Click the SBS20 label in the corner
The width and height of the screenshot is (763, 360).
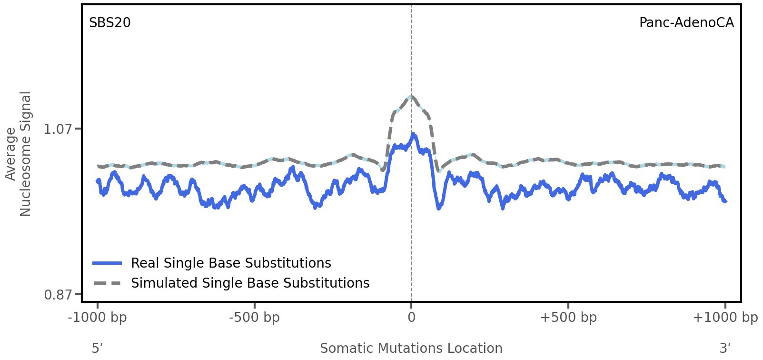tap(109, 23)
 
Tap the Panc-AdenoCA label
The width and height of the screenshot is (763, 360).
tap(686, 23)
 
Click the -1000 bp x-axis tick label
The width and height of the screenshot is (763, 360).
tap(98, 318)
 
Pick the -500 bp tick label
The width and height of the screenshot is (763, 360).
tap(254, 318)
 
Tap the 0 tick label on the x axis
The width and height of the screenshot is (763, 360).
tap(411, 318)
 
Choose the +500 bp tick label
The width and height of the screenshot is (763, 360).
tap(568, 318)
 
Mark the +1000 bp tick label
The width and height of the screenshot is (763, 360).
tap(724, 318)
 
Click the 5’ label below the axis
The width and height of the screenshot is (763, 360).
tap(97, 348)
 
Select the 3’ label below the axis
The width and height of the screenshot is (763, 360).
tap(725, 348)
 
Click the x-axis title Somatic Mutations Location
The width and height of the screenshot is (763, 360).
tap(411, 348)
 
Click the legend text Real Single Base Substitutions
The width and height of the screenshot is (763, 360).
tap(231, 263)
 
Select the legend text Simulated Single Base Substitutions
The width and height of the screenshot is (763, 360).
tap(250, 283)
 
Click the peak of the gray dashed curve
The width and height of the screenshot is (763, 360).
tap(411, 96)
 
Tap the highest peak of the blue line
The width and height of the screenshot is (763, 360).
tap(413, 134)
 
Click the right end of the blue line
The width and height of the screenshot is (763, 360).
tap(725, 202)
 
